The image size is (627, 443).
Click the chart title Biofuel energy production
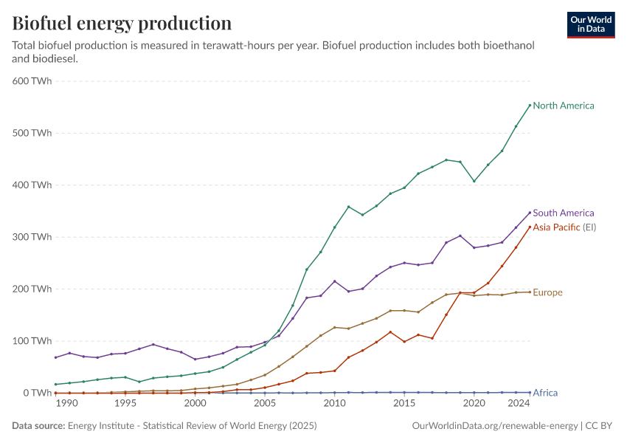122,24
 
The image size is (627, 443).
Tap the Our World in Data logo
591,24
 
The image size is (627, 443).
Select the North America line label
563,106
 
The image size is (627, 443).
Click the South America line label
563,213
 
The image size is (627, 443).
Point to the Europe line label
547,292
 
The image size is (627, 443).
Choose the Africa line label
545,393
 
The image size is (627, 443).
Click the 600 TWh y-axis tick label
32,81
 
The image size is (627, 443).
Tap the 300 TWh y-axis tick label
32,237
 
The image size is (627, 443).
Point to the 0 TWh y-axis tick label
37,393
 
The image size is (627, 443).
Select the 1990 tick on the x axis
66,404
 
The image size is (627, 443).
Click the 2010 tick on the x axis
335,404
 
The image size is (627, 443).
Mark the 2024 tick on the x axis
519,404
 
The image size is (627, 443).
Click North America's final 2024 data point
530,105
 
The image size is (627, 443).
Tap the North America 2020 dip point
474,181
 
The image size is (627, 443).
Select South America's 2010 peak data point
335,281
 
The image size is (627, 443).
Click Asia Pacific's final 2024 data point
530,227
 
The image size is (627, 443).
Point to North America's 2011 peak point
349,207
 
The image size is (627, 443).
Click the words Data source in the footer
38,426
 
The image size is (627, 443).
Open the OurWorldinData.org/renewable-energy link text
494,426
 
